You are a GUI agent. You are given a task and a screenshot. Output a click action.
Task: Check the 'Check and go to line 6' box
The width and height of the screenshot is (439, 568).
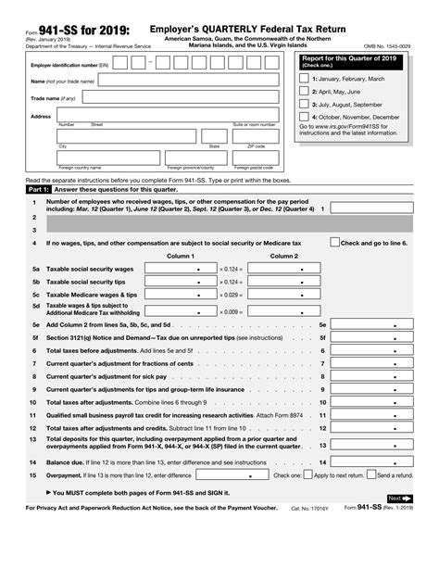335,242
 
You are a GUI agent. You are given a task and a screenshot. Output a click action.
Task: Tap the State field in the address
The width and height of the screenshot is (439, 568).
214,136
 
